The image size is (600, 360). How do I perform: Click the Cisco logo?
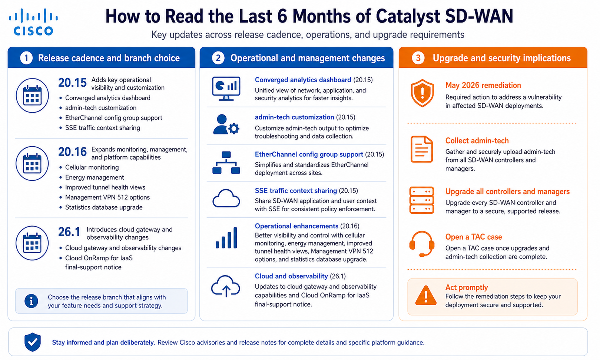33,22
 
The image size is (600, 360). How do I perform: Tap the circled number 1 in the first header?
26,58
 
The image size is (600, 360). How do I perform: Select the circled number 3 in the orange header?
418,58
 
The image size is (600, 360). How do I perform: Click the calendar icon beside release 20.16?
32,163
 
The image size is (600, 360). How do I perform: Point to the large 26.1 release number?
69,232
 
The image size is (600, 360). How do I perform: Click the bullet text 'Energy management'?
95,177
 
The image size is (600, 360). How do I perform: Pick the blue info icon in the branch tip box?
32,301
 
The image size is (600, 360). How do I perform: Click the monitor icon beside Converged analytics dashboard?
226,89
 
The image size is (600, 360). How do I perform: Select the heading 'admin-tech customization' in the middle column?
294,117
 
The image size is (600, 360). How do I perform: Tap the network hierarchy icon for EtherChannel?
226,163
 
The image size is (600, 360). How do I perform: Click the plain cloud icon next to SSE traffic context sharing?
226,199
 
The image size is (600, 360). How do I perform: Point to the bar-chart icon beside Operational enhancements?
226,238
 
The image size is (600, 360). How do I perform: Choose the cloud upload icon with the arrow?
226,286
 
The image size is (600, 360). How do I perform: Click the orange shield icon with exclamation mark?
422,93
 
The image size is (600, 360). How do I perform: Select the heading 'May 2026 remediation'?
483,86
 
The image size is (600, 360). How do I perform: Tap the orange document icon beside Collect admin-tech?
422,149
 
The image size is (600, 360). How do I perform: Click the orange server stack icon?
422,200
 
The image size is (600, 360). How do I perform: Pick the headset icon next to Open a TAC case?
422,244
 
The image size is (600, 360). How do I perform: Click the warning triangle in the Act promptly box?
425,296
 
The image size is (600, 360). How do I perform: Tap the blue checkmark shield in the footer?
33,342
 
